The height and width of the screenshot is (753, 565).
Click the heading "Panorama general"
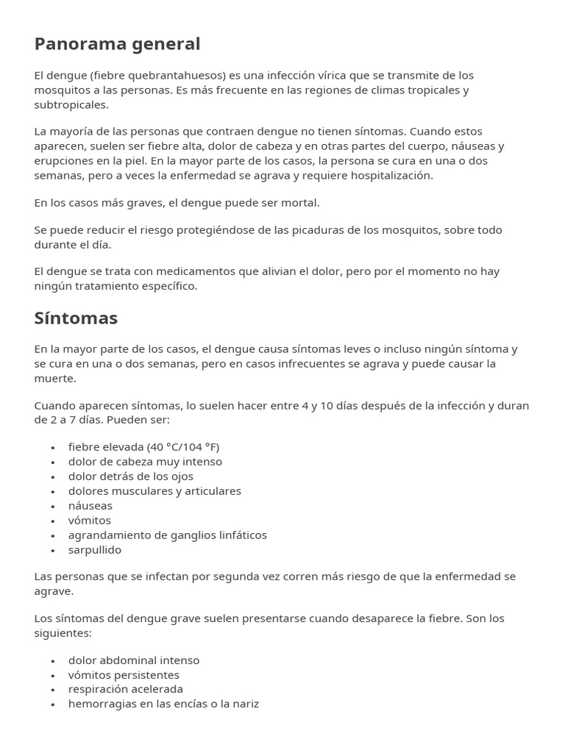117,44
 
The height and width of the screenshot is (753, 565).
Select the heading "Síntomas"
76,318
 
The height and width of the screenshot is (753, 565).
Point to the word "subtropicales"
70,105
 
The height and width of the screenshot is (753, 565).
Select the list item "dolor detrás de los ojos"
131,477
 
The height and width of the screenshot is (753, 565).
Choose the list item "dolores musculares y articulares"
154,491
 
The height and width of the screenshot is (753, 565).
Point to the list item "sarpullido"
95,550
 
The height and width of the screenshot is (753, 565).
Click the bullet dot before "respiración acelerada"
54,690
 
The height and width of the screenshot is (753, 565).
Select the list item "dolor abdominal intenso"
134,660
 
